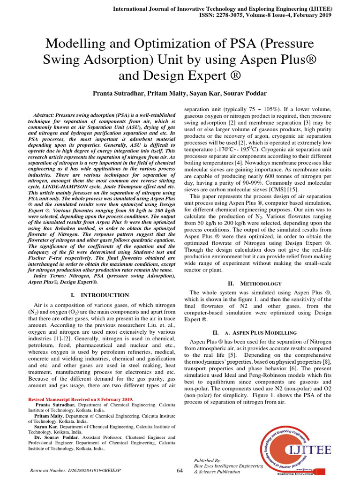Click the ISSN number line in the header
coord(259,15)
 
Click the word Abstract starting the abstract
coord(46,115)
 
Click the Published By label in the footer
coord(208,460)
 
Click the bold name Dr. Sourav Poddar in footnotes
coord(54,437)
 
